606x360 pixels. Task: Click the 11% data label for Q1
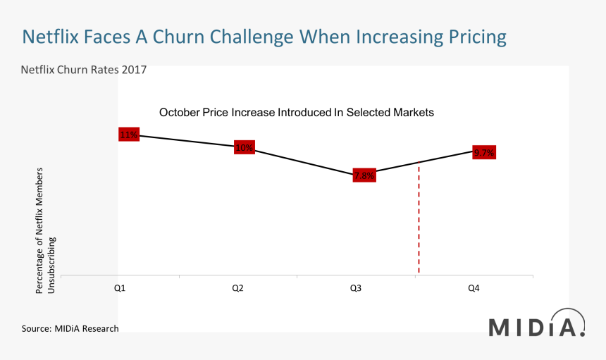[129, 135]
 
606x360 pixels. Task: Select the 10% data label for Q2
[245, 147]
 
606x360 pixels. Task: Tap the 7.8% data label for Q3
[364, 175]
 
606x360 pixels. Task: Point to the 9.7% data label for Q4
[484, 152]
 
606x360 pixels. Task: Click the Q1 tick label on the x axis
[120, 288]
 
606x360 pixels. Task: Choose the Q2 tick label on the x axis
[238, 288]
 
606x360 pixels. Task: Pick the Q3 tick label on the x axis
[356, 288]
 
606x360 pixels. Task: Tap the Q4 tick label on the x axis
[474, 288]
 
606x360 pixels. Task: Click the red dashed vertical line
[419, 225]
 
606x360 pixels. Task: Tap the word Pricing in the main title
[471, 36]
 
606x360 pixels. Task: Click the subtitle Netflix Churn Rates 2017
[83, 70]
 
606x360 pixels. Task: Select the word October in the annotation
[180, 112]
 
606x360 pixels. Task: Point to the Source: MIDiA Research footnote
[70, 328]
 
